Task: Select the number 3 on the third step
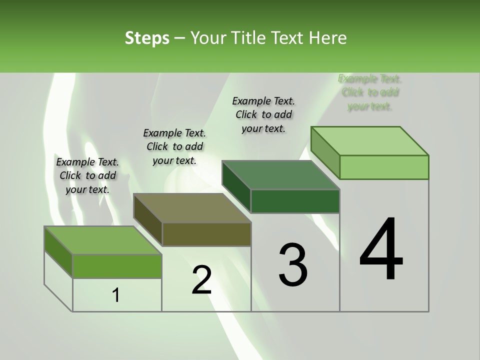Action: [x=293, y=264]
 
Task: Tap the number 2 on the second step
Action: [x=201, y=280]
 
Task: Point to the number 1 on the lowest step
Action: [x=116, y=295]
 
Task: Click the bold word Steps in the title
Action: [x=147, y=38]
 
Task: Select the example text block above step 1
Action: [x=87, y=175]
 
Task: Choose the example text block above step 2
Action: [x=174, y=146]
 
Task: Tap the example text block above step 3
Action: [x=263, y=114]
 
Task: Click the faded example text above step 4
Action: [x=370, y=92]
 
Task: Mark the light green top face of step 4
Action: [x=370, y=141]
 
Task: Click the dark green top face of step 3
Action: [x=281, y=175]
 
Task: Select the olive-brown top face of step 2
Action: [x=192, y=208]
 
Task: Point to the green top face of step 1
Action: [x=103, y=240]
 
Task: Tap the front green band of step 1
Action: [x=117, y=266]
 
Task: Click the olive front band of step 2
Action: [x=206, y=234]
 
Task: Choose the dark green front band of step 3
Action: [x=295, y=201]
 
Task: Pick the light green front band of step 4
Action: [x=384, y=167]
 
